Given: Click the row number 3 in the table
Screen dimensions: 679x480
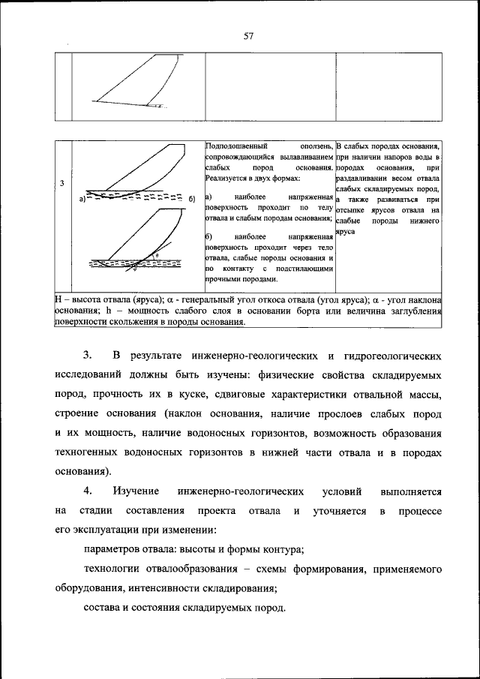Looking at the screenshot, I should (x=62, y=183).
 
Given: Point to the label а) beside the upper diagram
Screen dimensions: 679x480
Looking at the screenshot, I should (x=81, y=200).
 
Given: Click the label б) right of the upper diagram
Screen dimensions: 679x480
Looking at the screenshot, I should (x=192, y=198).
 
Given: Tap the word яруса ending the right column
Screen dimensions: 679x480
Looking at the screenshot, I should (x=346, y=233).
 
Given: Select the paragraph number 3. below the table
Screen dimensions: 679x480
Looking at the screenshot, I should (x=87, y=354).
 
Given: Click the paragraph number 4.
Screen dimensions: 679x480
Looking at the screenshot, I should (x=87, y=491).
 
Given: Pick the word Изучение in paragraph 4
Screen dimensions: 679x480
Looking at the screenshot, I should (x=137, y=491).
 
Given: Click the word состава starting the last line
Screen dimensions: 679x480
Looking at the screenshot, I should (x=102, y=608).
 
